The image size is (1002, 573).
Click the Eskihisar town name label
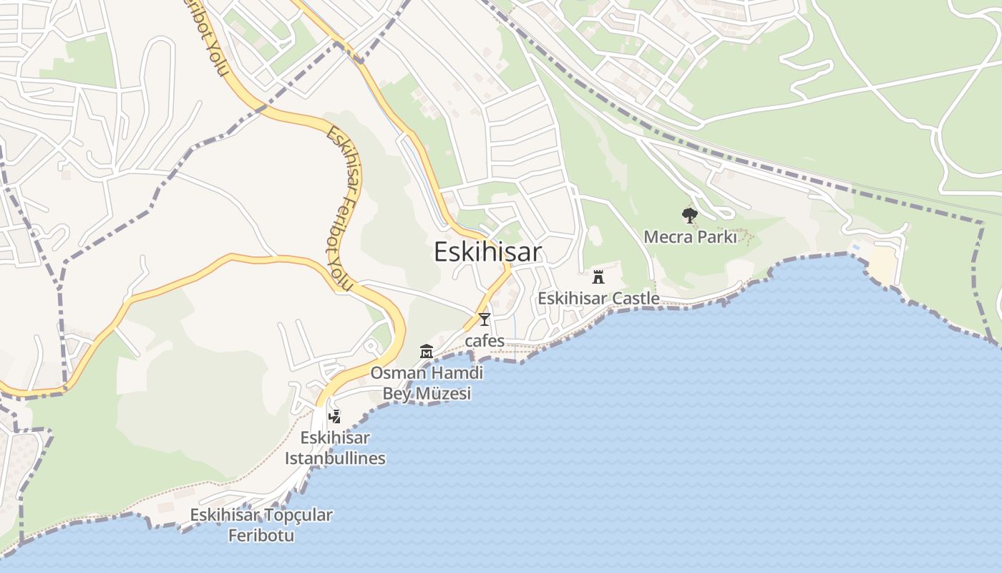point(488,252)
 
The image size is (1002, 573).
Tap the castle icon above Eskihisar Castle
point(598,276)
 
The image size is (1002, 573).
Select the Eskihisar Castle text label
point(598,298)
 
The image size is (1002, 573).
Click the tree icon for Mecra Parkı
point(689,215)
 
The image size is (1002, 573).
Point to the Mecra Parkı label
point(690,236)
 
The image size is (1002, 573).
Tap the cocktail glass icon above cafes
point(485,319)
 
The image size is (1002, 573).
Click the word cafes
point(485,341)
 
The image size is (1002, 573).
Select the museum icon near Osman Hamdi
point(427,352)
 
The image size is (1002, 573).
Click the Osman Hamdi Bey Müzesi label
point(427,383)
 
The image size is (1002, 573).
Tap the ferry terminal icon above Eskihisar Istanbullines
point(334,416)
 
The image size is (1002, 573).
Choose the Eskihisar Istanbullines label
point(335,448)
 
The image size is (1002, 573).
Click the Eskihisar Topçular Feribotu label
point(261,524)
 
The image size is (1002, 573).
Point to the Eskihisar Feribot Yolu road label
point(344,208)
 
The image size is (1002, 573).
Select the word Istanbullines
point(335,458)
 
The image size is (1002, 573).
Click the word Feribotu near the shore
point(261,535)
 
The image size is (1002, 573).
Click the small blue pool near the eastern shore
point(855,248)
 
